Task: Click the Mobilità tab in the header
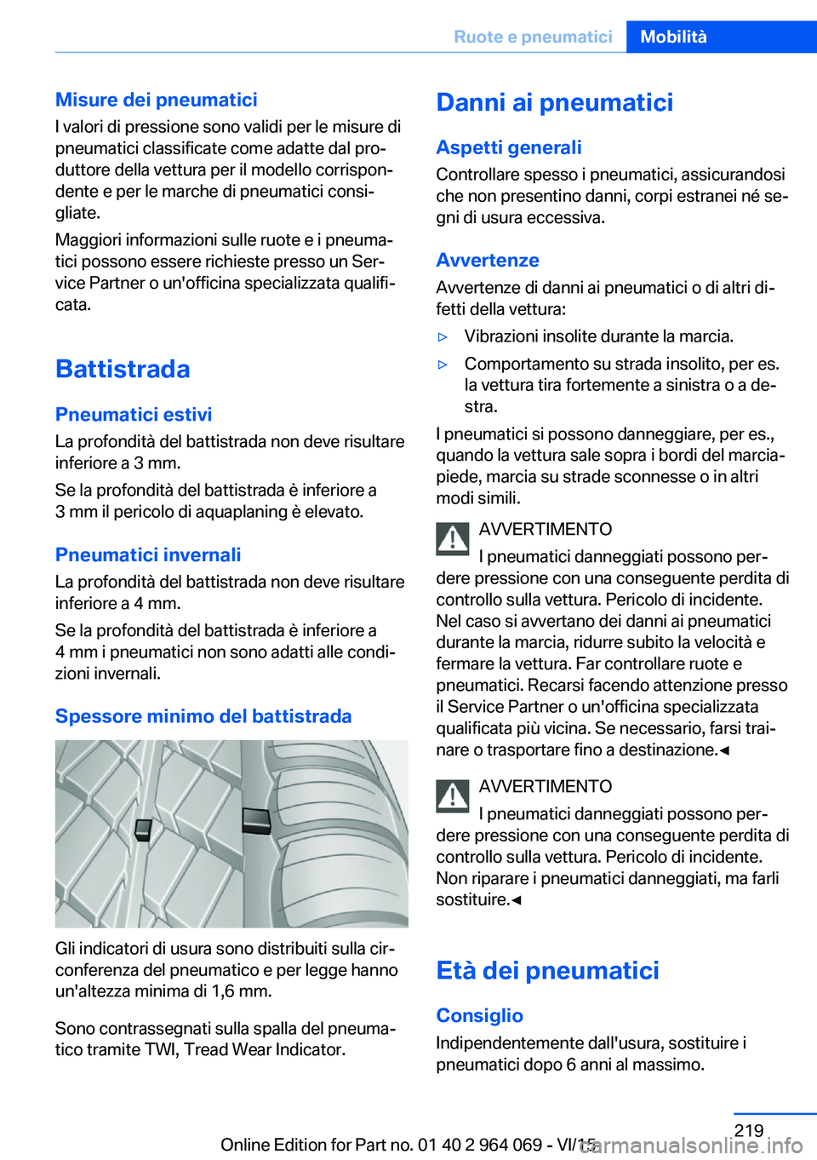click(x=673, y=37)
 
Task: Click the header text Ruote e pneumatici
click(x=533, y=37)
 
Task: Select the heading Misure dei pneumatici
click(x=156, y=100)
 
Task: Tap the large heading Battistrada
click(x=123, y=369)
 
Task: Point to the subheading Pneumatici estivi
click(x=134, y=415)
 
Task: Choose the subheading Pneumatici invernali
click(x=148, y=555)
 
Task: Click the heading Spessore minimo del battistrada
click(x=203, y=716)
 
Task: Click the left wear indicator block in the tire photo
click(x=143, y=830)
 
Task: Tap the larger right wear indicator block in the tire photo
click(x=256, y=820)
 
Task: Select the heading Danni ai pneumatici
click(x=554, y=102)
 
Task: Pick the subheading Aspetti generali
click(x=509, y=147)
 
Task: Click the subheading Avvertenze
click(x=488, y=261)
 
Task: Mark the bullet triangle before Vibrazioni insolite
click(x=443, y=337)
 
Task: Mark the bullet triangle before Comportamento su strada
click(x=443, y=365)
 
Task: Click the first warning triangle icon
click(x=453, y=539)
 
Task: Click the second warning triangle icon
click(x=453, y=796)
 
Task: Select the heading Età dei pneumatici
click(x=547, y=971)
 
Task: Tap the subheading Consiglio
click(x=479, y=1016)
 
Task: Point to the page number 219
click(x=749, y=1130)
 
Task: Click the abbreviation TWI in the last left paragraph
click(x=160, y=1050)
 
